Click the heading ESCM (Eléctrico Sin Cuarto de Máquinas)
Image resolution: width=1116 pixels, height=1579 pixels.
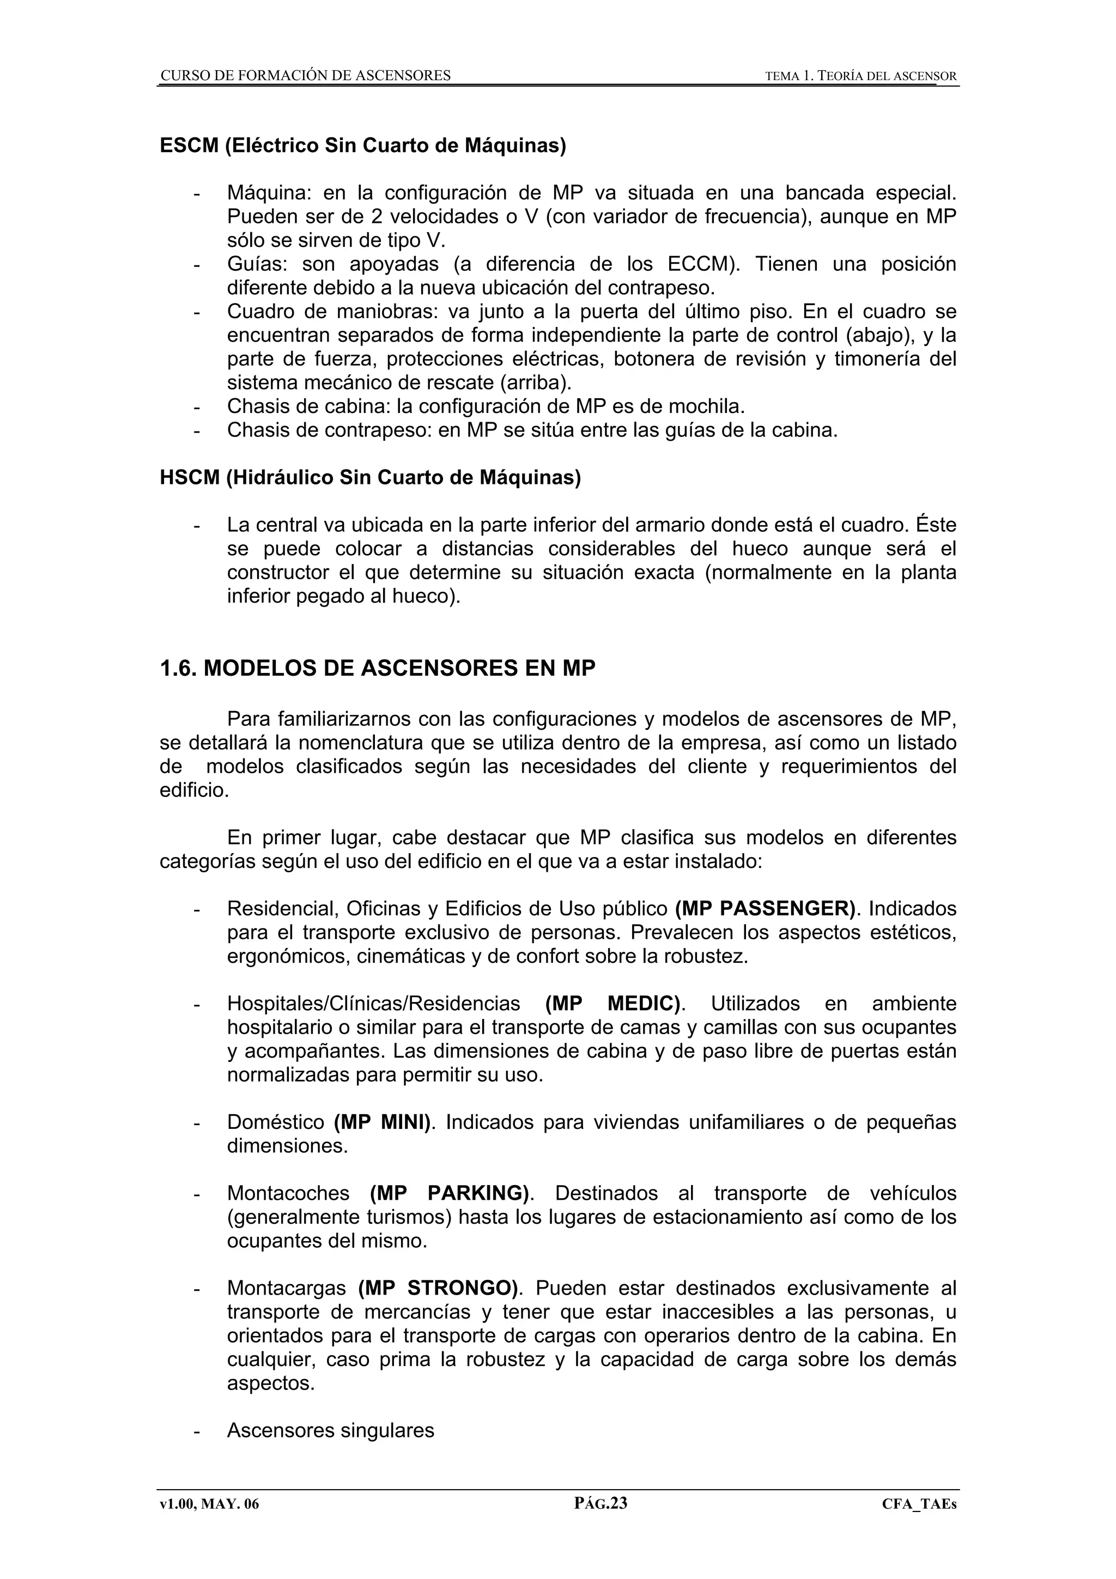362,146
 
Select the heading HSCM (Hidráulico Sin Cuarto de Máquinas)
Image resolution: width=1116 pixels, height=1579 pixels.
370,477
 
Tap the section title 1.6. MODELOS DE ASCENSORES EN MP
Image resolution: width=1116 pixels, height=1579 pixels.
378,668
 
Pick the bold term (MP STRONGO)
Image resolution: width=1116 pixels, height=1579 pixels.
439,1288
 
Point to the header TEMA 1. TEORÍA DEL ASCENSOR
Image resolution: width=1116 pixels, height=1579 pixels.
860,76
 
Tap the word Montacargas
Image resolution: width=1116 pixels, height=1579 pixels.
286,1288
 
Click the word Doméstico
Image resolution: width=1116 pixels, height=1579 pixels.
275,1122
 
